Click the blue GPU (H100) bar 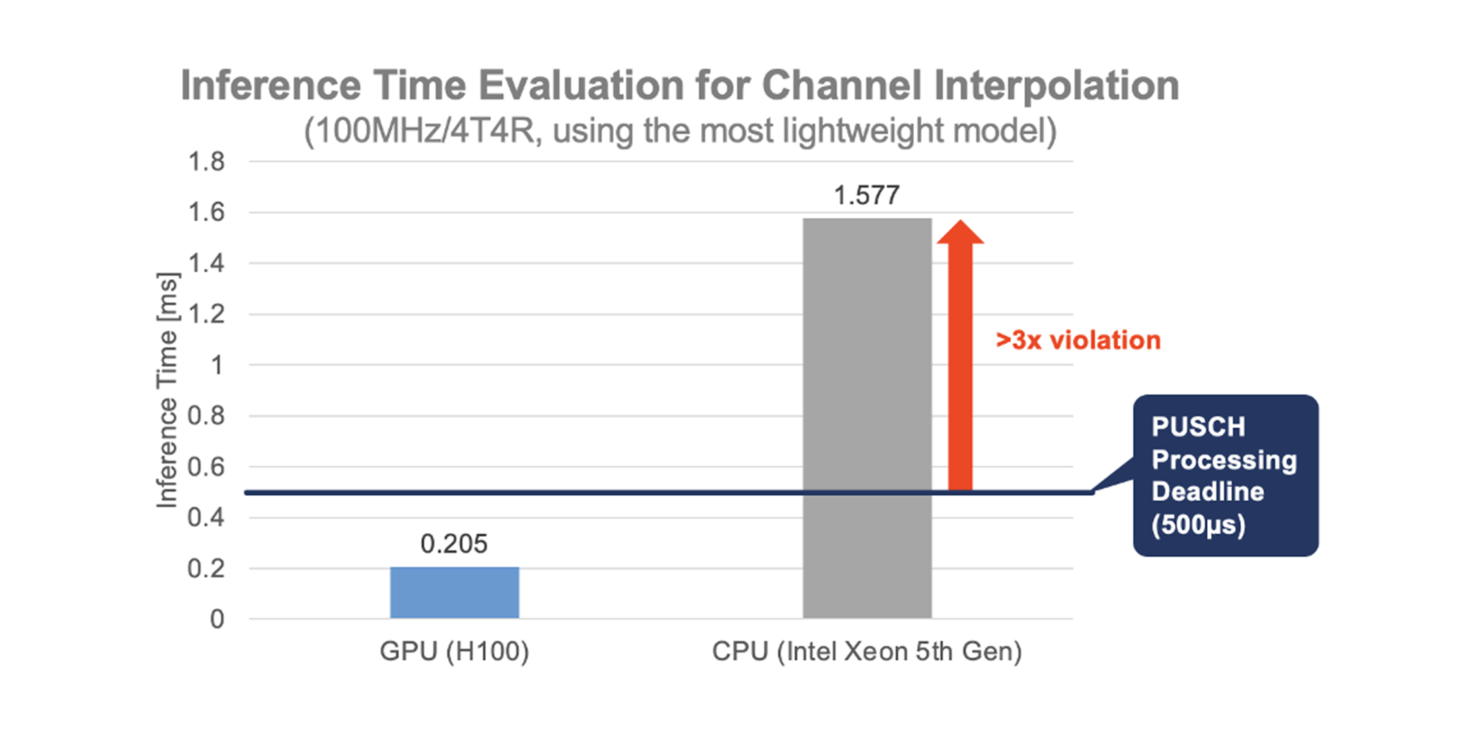(x=454, y=592)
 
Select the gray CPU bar (x=867, y=417)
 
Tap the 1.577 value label (x=867, y=196)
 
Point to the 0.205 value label (x=454, y=544)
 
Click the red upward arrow (x=960, y=357)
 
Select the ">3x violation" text (x=1078, y=340)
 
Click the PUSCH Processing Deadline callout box (x=1225, y=475)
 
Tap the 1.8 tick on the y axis (x=206, y=161)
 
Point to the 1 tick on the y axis (x=217, y=365)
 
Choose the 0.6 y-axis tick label (x=206, y=467)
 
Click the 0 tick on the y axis (x=217, y=619)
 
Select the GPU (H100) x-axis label (x=454, y=651)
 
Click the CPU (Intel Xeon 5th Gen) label (x=867, y=651)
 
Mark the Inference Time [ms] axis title (x=167, y=390)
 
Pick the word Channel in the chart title (x=841, y=85)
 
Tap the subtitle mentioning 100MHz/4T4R (x=680, y=131)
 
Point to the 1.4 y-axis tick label (x=206, y=263)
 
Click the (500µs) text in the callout (x=1198, y=525)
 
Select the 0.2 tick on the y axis (x=206, y=568)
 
